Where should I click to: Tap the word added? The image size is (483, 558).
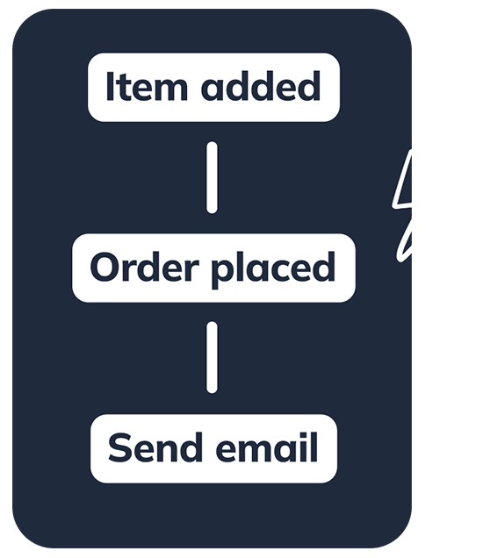(x=261, y=87)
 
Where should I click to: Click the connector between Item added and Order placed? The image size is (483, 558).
(x=212, y=177)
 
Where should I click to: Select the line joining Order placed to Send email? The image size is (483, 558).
(x=212, y=357)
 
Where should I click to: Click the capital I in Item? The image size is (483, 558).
(x=111, y=87)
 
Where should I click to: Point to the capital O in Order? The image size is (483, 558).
(x=105, y=268)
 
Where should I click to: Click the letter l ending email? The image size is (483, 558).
(x=312, y=447)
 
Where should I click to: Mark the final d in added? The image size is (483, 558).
(x=309, y=88)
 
